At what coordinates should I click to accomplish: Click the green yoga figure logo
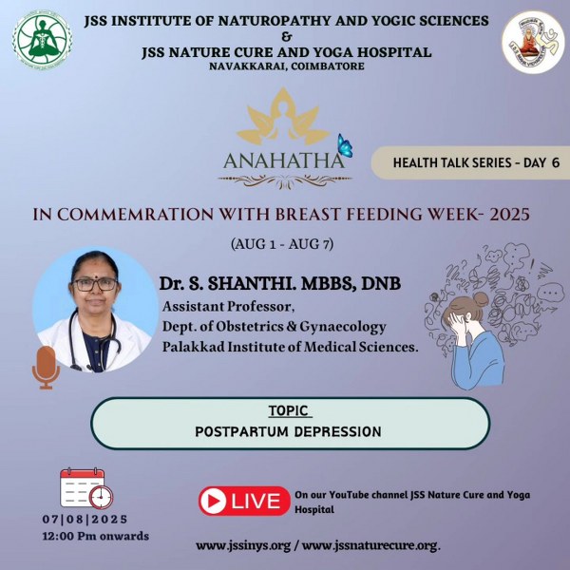(43, 40)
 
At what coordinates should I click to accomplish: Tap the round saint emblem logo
(533, 42)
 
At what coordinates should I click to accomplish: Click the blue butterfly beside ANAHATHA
(345, 145)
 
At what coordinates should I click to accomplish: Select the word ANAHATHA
(283, 161)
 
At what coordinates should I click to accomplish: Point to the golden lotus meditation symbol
(283, 117)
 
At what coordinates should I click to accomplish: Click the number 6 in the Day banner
(555, 162)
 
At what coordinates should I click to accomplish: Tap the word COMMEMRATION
(135, 215)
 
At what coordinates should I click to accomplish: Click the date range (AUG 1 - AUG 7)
(282, 244)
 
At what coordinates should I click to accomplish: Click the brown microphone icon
(46, 368)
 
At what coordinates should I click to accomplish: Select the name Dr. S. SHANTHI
(227, 283)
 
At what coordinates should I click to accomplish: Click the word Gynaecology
(342, 327)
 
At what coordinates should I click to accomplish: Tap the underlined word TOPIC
(289, 410)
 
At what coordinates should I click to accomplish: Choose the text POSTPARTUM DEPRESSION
(288, 432)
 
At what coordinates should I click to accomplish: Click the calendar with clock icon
(86, 488)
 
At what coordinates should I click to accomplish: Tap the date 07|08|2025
(85, 519)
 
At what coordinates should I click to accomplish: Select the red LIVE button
(244, 501)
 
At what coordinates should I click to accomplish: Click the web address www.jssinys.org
(243, 546)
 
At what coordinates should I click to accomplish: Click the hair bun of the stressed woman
(481, 300)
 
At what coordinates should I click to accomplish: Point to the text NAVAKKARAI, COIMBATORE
(287, 66)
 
